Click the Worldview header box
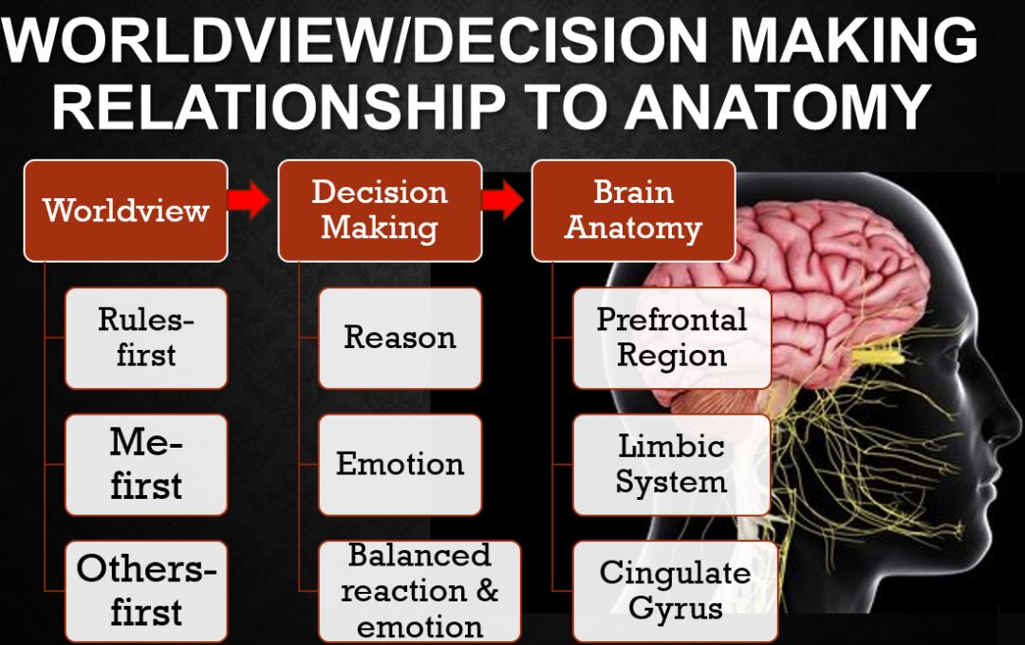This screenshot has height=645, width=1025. click(x=125, y=211)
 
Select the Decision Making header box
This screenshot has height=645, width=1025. click(x=380, y=211)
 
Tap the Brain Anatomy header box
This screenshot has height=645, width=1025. click(x=633, y=211)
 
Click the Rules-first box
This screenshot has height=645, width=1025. click(x=146, y=338)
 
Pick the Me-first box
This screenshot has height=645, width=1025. click(x=146, y=464)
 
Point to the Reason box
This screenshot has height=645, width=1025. click(x=400, y=338)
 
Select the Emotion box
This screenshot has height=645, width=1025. click(x=400, y=464)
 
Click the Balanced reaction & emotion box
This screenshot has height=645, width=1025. click(x=419, y=590)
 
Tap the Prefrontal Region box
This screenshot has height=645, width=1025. click(x=672, y=338)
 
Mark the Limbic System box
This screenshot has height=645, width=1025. click(x=672, y=464)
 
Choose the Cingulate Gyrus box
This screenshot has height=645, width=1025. click(x=675, y=590)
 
